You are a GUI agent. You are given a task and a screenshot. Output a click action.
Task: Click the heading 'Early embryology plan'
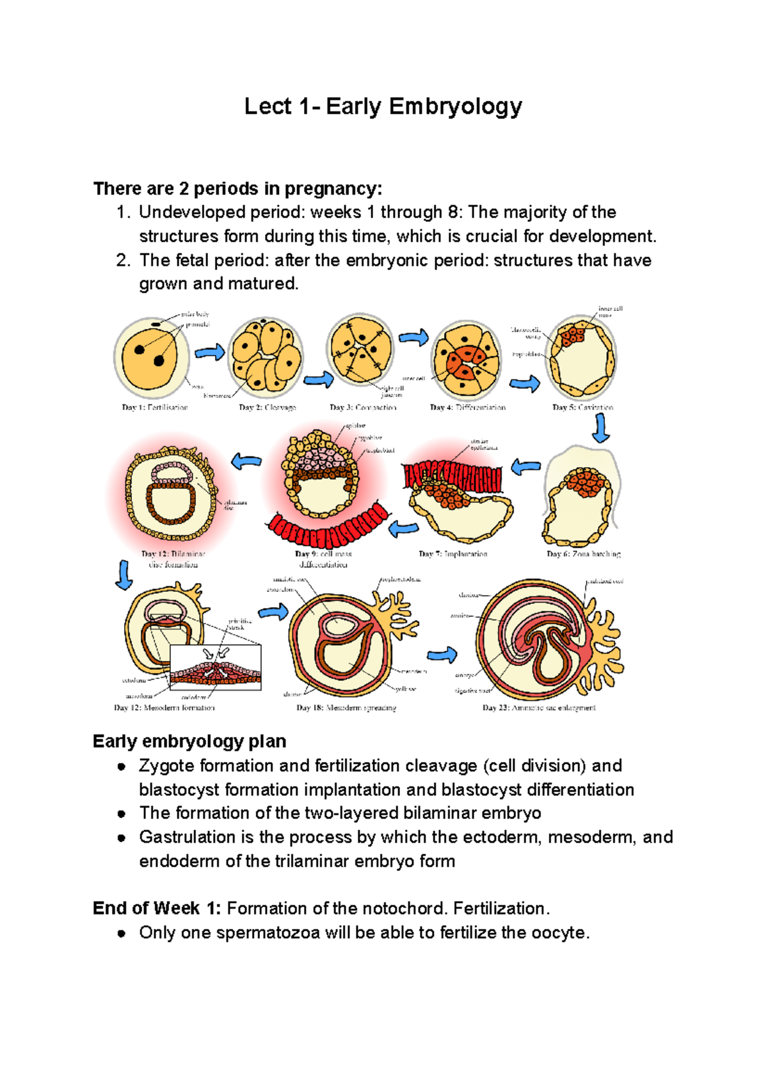[x=189, y=741]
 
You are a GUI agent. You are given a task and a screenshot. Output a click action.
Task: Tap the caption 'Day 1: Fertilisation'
[x=155, y=407]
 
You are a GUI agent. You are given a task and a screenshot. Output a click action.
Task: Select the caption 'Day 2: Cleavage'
[x=268, y=407]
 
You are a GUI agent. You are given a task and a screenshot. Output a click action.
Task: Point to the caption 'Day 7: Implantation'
[x=453, y=554]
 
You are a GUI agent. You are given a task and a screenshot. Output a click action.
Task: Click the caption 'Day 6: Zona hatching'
[x=584, y=554]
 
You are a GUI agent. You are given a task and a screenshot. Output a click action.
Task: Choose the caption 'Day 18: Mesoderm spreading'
[x=346, y=708]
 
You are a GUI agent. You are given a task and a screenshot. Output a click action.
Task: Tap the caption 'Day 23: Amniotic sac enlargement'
[x=539, y=708]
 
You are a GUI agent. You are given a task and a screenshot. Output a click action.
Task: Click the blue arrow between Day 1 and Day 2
[x=209, y=352]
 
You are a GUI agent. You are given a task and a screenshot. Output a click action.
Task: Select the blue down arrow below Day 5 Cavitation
[x=600, y=428]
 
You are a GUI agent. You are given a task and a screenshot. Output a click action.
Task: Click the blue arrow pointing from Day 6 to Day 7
[x=526, y=466]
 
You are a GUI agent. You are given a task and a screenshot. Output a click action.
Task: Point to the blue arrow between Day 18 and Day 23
[x=442, y=654]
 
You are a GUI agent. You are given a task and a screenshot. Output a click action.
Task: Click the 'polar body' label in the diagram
[x=195, y=314]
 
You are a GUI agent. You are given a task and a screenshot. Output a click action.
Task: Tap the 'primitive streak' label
[x=240, y=624]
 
